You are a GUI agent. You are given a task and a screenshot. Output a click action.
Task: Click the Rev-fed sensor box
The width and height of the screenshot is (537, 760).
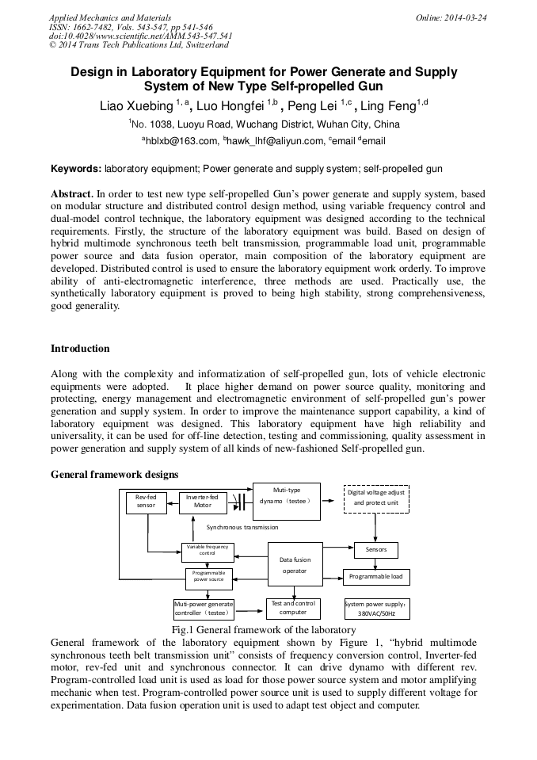click(146, 502)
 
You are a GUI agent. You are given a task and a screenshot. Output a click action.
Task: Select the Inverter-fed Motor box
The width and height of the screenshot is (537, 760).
click(203, 502)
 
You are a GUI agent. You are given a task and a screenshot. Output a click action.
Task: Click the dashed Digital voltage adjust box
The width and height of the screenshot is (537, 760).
click(376, 498)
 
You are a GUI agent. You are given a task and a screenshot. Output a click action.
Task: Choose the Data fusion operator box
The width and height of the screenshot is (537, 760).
click(295, 565)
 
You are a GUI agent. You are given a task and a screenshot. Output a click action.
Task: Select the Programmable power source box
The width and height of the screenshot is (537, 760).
click(209, 577)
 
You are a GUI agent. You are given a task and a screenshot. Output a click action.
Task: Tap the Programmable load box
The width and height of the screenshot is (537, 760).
click(376, 576)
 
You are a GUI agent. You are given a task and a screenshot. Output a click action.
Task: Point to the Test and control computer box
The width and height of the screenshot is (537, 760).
click(293, 608)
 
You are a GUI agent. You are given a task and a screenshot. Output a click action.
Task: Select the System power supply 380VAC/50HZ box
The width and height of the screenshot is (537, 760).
click(376, 609)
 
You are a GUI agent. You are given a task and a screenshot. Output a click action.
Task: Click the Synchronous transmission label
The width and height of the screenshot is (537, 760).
click(242, 526)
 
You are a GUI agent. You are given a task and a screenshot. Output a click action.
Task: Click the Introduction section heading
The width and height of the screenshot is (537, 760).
click(80, 349)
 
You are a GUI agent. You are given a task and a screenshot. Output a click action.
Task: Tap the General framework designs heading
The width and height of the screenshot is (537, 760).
click(114, 474)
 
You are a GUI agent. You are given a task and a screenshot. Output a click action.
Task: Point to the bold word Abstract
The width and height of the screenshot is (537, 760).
click(72, 193)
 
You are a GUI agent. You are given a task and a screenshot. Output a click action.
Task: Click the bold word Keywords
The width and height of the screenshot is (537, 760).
click(76, 169)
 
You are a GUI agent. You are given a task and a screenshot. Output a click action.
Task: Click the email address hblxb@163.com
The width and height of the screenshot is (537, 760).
click(179, 141)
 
